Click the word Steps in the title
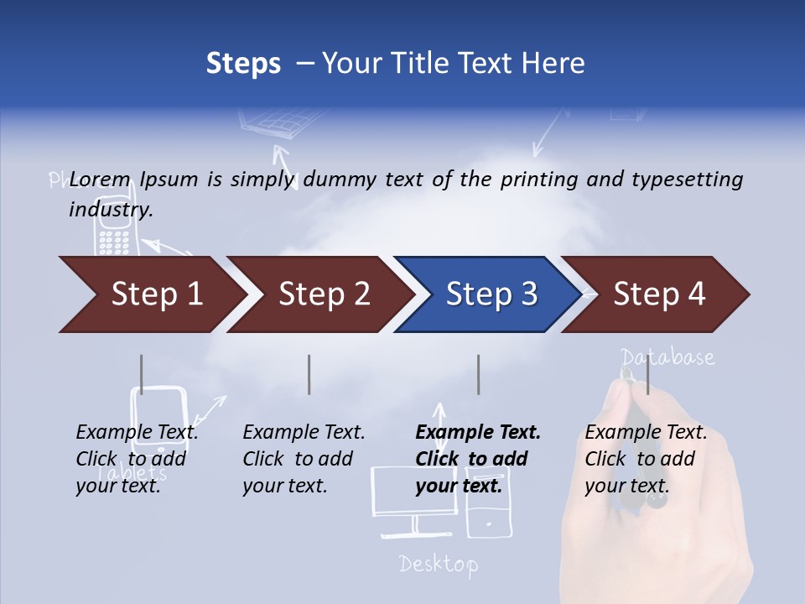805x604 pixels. [x=243, y=64]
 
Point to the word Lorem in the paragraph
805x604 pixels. [x=101, y=179]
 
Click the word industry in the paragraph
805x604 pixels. [x=110, y=210]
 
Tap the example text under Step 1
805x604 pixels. [x=137, y=459]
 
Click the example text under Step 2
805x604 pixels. [x=304, y=459]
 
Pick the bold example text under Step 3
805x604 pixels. [x=478, y=459]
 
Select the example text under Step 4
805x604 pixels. [x=646, y=459]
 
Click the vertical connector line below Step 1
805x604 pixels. [x=142, y=374]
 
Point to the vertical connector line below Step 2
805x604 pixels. [x=309, y=374]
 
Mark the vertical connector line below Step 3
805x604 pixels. [x=479, y=374]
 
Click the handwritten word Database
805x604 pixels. [x=668, y=357]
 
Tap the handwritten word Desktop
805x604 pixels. [x=439, y=564]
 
